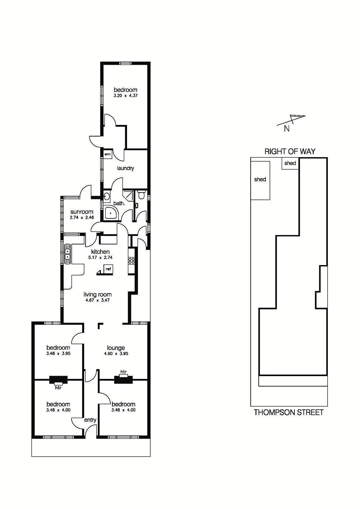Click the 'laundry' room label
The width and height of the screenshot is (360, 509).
pyautogui.click(x=125, y=168)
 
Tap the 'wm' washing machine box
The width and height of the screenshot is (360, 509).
pyautogui.click(x=108, y=154)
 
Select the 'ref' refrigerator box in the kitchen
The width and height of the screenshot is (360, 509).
pyautogui.click(x=108, y=269)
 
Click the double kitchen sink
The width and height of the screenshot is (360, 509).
pyautogui.click(x=67, y=254)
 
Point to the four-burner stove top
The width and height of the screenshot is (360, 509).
pyautogui.click(x=131, y=261)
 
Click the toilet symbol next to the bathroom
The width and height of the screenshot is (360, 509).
pyautogui.click(x=142, y=194)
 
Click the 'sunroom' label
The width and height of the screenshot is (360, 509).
pyautogui.click(x=82, y=212)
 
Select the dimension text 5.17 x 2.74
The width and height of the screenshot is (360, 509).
pyautogui.click(x=100, y=257)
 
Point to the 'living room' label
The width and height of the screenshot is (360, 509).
pyautogui.click(x=97, y=295)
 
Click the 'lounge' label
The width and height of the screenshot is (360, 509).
pyautogui.click(x=116, y=348)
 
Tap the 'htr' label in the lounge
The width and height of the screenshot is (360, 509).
pyautogui.click(x=124, y=372)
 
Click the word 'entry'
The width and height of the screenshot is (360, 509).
pyautogui.click(x=90, y=420)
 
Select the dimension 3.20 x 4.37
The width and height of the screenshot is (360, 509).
pyautogui.click(x=125, y=95)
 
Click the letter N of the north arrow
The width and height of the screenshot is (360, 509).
pyautogui.click(x=287, y=129)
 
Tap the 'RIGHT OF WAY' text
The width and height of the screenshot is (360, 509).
pyautogui.click(x=290, y=151)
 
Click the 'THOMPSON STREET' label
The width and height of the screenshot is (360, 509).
pyautogui.click(x=289, y=412)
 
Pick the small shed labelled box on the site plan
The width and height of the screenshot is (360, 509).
pyautogui.click(x=290, y=164)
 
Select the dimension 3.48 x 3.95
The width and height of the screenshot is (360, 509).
pyautogui.click(x=58, y=353)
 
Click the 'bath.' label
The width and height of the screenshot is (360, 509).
pyautogui.click(x=119, y=203)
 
